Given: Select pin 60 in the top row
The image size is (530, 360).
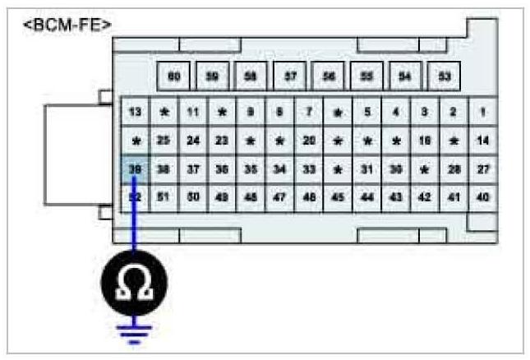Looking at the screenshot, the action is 173,76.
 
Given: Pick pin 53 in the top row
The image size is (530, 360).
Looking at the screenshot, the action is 445,76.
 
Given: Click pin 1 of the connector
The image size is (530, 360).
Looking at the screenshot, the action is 482,111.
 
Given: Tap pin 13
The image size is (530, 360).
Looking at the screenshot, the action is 136,111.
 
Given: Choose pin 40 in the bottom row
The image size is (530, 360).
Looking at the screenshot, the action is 482,198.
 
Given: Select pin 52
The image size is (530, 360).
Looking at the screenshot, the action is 136,198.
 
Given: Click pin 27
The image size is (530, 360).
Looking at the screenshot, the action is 482,169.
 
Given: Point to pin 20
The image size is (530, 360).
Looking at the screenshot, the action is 309,141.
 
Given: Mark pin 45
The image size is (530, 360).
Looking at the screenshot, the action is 338,198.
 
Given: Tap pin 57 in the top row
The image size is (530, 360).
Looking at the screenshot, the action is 290,76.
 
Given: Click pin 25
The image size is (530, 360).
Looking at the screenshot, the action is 164,141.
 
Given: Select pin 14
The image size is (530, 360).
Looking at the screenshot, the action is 482,141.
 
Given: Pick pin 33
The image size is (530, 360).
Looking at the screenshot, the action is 309,169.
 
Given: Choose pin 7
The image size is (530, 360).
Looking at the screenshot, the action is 309,111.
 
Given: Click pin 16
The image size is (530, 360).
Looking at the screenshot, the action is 425,141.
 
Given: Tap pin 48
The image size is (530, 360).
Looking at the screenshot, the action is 251,198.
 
